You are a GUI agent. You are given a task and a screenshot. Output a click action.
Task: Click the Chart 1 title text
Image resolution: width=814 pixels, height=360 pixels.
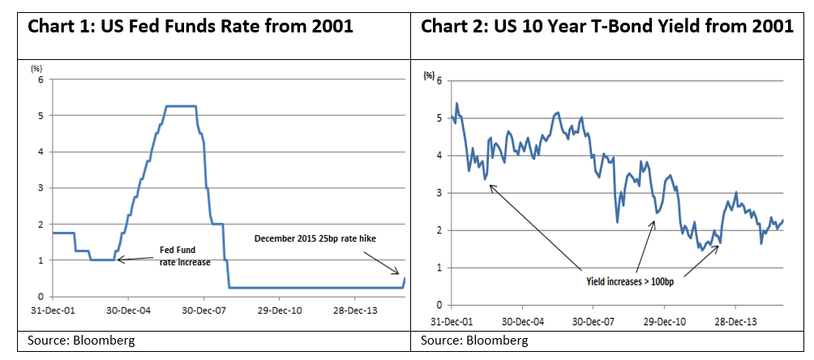click(x=191, y=26)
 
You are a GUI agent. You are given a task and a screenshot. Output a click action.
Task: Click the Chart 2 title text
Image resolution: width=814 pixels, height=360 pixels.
click(x=606, y=26)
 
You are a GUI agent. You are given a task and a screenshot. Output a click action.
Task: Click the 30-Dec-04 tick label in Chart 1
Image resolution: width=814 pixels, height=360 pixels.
click(x=129, y=310)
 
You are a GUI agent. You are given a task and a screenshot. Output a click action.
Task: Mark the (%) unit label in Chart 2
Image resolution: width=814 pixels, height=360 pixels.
click(x=428, y=75)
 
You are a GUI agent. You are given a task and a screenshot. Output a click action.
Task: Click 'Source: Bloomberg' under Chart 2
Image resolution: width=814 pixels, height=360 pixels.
click(x=473, y=340)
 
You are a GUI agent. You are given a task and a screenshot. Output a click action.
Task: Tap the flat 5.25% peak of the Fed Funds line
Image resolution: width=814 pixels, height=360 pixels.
click(x=181, y=106)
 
